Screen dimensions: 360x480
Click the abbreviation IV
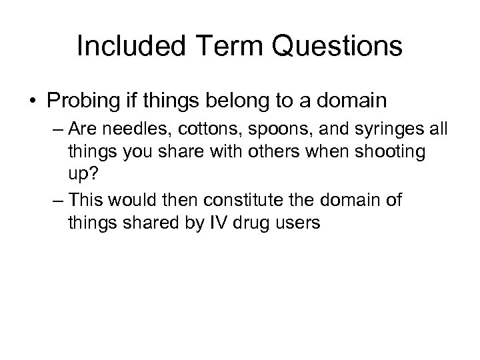tap(205, 223)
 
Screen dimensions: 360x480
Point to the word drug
tap(239, 223)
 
